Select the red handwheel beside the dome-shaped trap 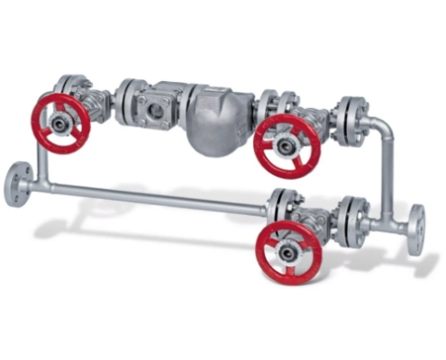point(287,145)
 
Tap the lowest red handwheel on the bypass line point(289,252)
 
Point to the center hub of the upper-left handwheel point(61,121)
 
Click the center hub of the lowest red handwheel point(289,253)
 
